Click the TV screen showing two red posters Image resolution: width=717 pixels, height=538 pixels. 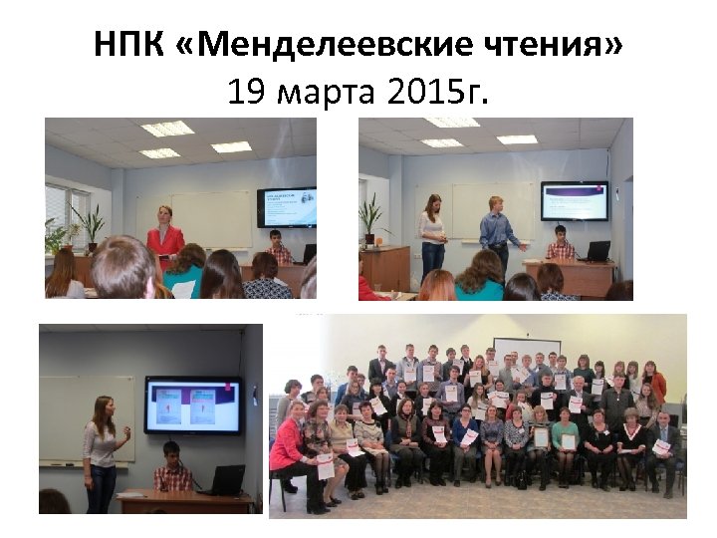[193, 405]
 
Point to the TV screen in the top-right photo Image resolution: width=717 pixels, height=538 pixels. [574, 200]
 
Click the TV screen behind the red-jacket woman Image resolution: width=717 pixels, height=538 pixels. [288, 206]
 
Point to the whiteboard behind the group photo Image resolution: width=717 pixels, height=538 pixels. [527, 347]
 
